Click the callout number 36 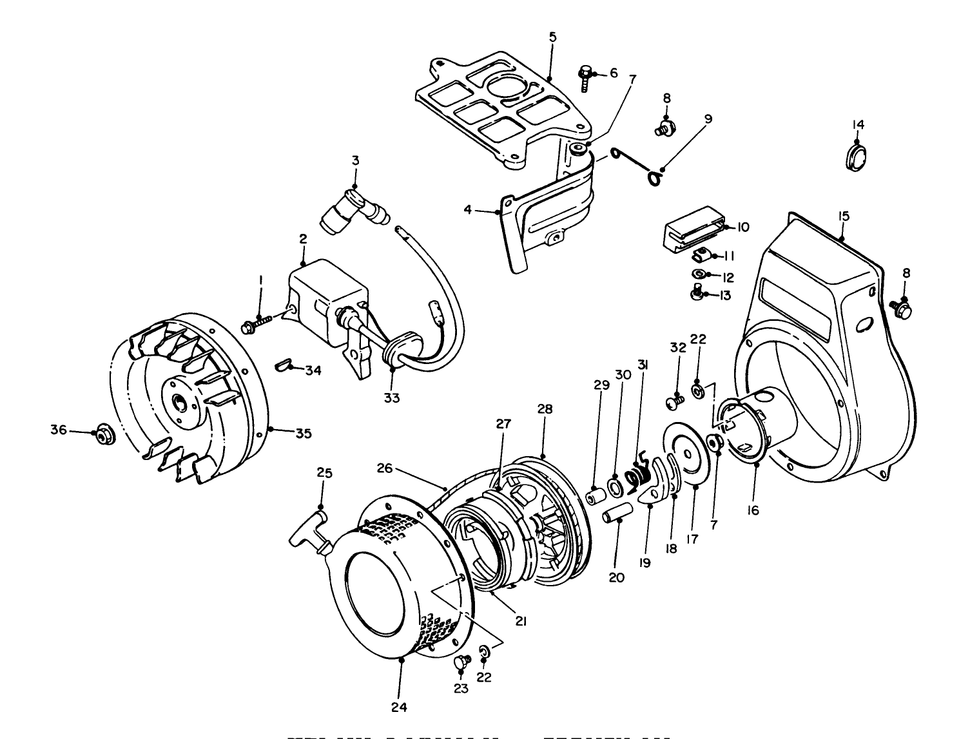pos(59,430)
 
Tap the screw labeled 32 pos(674,403)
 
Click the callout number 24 pos(399,707)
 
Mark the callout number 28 pos(545,410)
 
